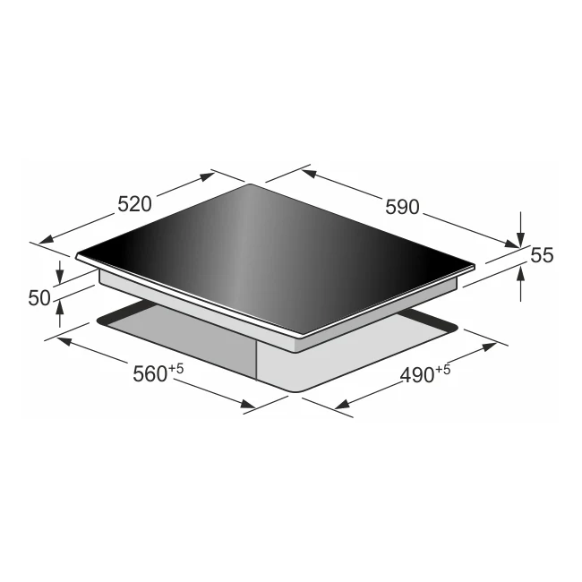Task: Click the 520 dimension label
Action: point(134,204)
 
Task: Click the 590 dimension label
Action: point(402,207)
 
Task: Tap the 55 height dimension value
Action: point(542,255)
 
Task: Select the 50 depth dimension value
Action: point(39,298)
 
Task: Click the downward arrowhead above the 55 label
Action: point(521,239)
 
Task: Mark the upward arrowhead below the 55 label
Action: point(521,275)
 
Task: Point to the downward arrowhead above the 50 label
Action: point(60,276)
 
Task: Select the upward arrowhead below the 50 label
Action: point(60,305)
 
